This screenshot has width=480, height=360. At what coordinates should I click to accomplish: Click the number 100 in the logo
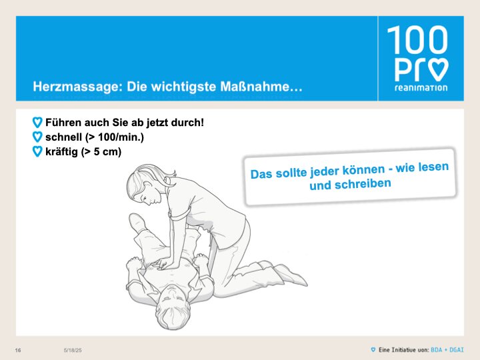coord(417,40)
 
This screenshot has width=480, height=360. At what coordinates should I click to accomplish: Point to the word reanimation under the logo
coord(421,88)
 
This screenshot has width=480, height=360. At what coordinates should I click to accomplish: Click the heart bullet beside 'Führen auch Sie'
coord(37,123)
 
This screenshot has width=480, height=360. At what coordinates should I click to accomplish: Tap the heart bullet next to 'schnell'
coord(37,137)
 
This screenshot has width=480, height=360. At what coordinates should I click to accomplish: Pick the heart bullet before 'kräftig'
coord(37,151)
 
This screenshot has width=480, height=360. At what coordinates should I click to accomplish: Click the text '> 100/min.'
coord(115,137)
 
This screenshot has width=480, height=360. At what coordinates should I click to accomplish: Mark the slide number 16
coord(18,350)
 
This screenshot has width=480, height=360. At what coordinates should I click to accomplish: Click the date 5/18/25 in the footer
coord(73,350)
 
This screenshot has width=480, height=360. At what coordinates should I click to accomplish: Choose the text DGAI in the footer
coord(457,349)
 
